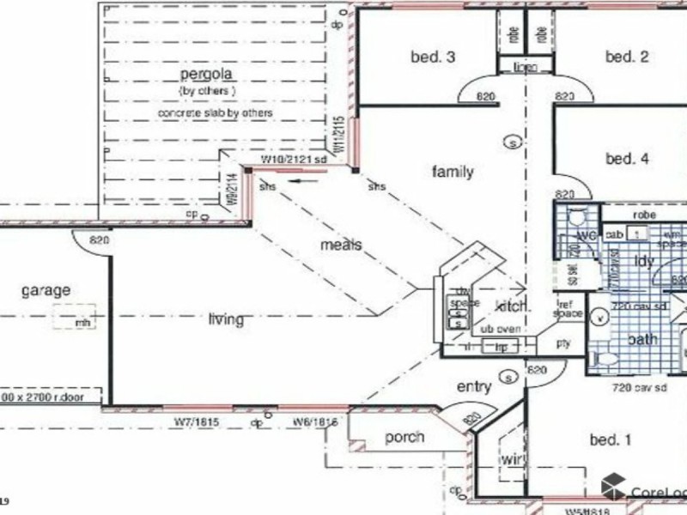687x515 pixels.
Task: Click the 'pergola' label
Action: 207,75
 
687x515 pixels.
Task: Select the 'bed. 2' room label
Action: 626,58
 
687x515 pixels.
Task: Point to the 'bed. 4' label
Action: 627,158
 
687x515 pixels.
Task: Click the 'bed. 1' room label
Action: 611,440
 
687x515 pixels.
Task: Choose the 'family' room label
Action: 453,172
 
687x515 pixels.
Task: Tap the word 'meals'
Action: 341,245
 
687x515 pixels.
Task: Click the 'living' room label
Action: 226,320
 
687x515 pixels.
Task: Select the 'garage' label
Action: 46,290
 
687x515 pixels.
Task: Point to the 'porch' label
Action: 404,437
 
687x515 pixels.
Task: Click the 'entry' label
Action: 473,387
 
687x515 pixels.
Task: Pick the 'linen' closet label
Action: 526,68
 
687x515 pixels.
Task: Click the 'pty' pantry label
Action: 563,342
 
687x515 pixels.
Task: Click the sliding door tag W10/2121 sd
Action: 295,160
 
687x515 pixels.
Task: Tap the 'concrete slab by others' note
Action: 216,112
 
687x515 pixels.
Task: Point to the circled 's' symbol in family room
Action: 513,142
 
